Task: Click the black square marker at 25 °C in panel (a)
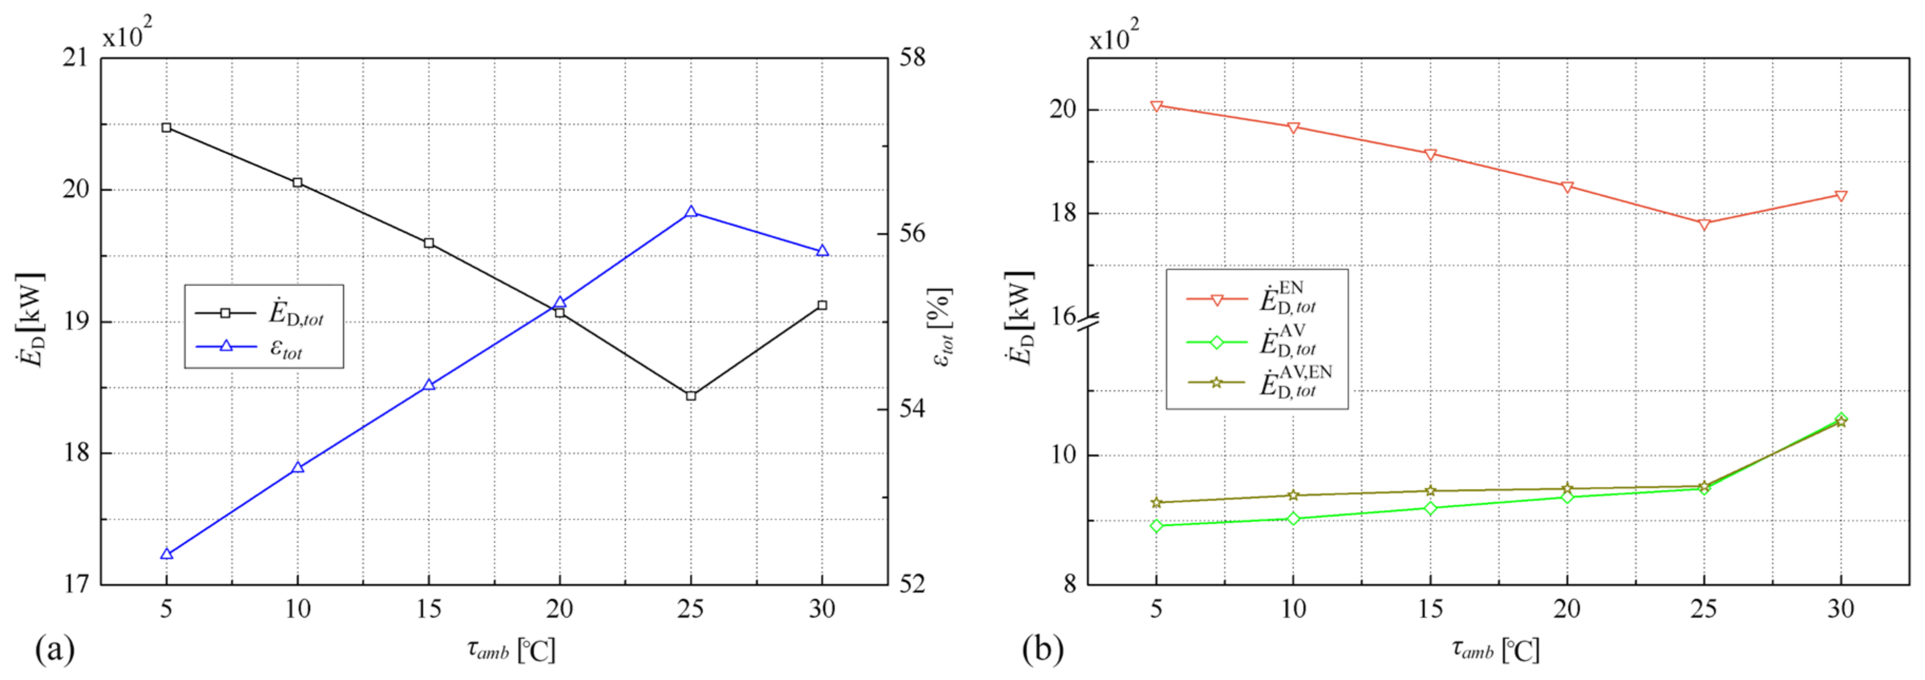coord(691,395)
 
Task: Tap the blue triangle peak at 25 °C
coord(691,212)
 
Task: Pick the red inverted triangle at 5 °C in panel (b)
coord(1156,106)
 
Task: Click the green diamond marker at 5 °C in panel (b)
coord(1156,525)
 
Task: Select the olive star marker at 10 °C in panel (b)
coord(1293,495)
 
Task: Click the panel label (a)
coord(54,649)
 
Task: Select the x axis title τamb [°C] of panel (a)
coord(511,649)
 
